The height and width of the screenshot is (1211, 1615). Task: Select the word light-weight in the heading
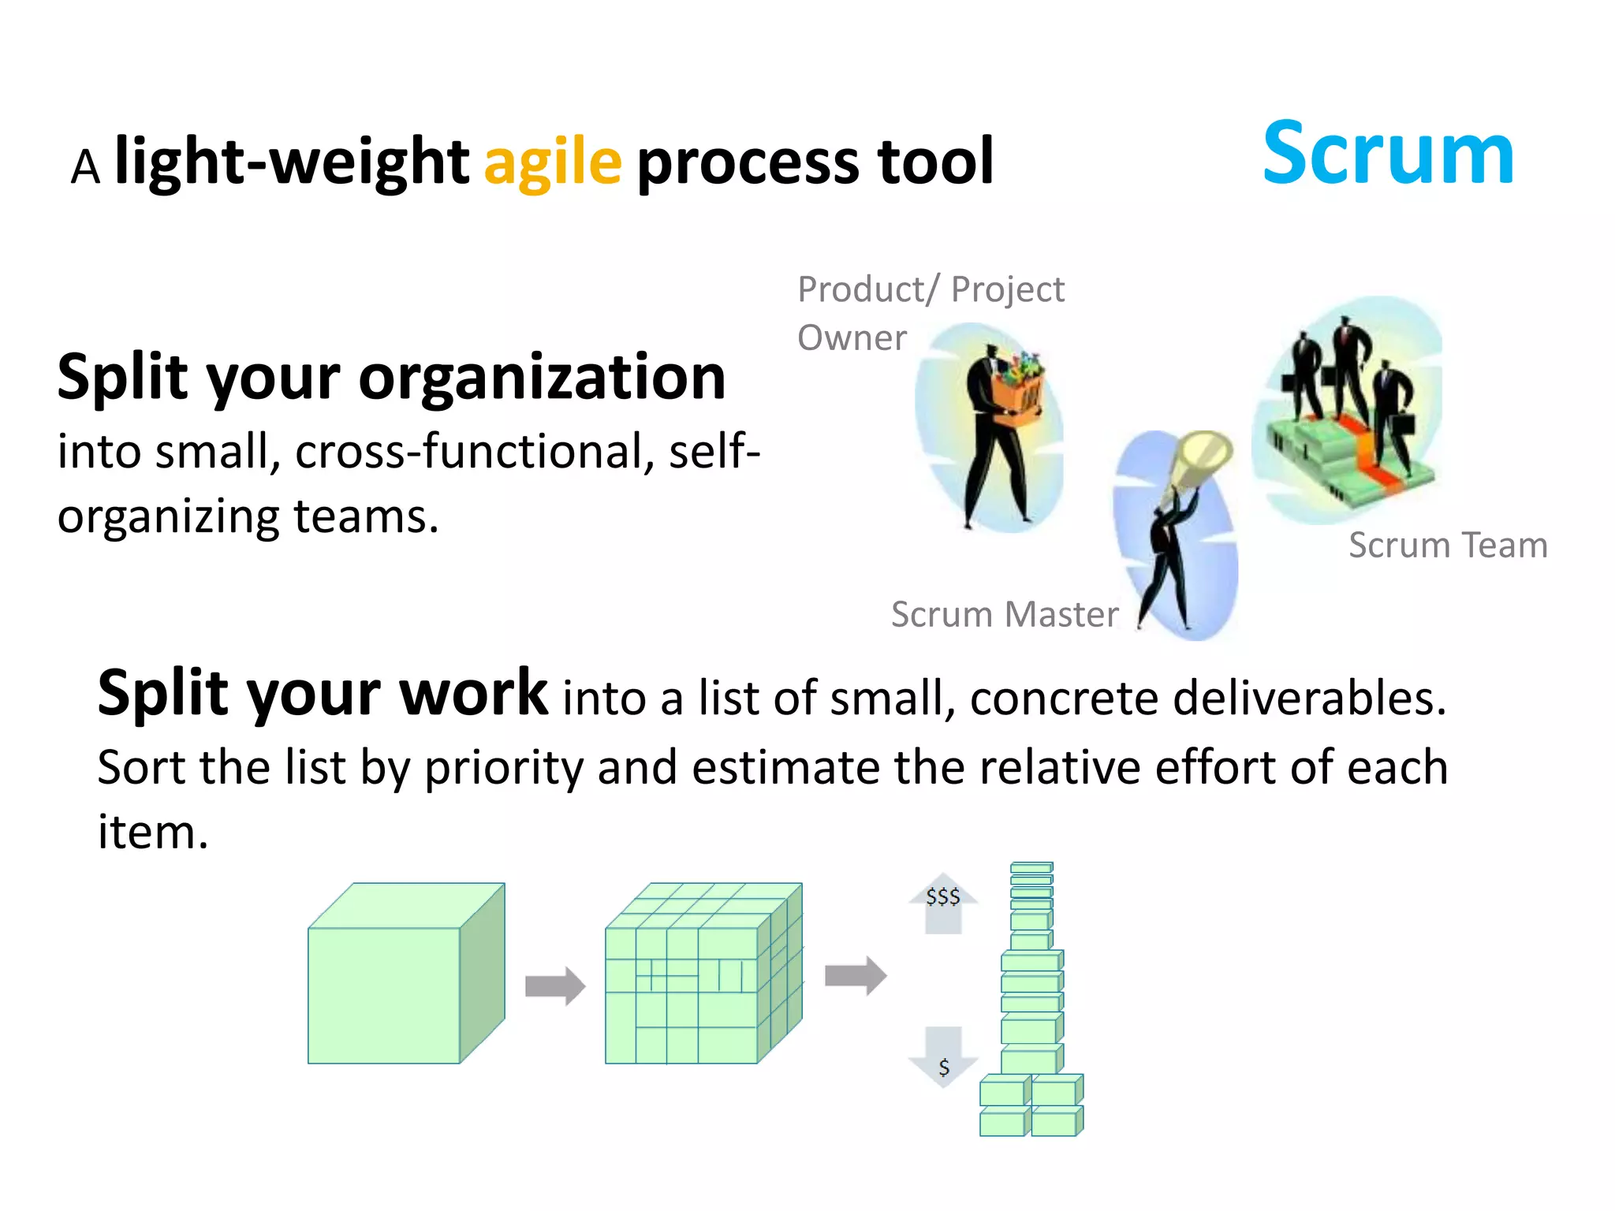coord(292,162)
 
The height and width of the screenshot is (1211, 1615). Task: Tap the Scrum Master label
coord(1005,614)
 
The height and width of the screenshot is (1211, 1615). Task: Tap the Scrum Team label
coord(1448,546)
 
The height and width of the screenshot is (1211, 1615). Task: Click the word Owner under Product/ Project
coord(852,338)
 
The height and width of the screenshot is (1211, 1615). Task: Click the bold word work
coord(473,693)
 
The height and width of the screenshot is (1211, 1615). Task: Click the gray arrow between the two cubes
coord(555,986)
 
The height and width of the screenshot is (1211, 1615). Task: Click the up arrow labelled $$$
coord(943,903)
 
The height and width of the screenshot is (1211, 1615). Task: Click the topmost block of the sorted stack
coord(1031,867)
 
